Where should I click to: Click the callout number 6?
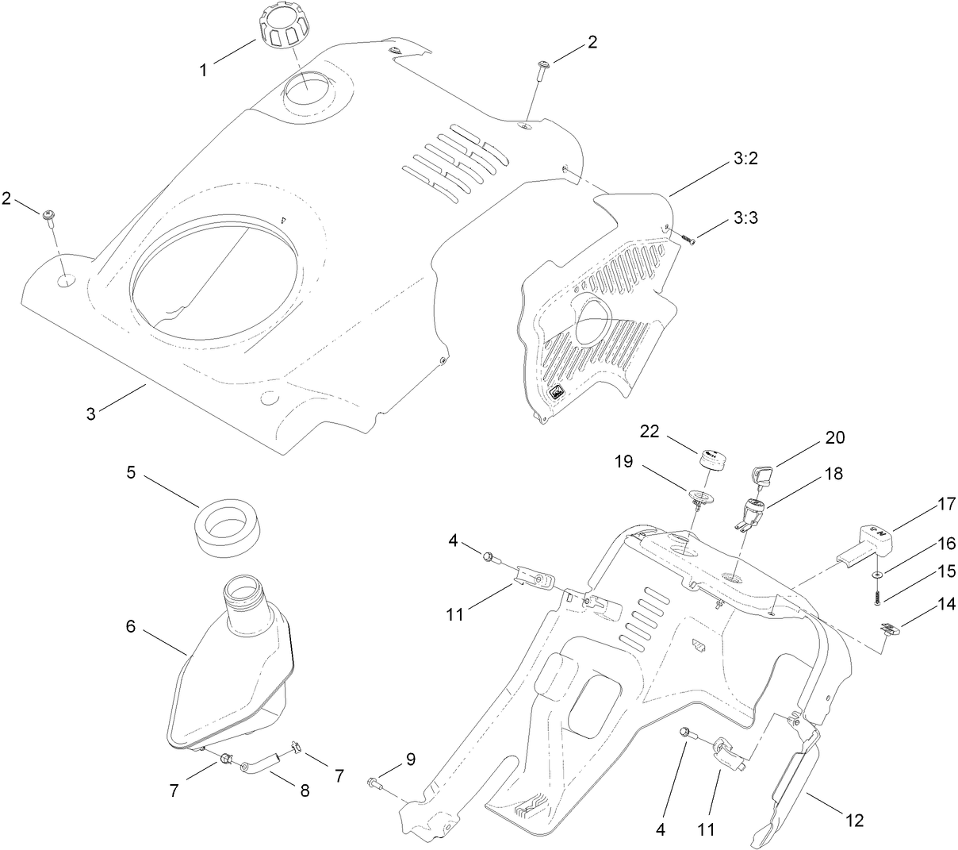(130, 626)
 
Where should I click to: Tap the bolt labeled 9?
(374, 783)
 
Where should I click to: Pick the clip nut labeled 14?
(889, 632)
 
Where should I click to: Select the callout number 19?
(623, 461)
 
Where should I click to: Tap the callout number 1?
(203, 70)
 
